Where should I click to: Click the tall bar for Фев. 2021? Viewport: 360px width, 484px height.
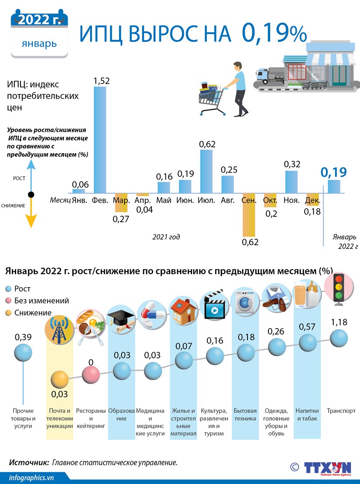(x=100, y=140)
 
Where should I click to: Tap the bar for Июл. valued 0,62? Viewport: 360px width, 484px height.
(x=206, y=171)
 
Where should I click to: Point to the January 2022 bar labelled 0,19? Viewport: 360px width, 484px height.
(x=334, y=186)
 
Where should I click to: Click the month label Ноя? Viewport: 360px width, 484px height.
(x=291, y=200)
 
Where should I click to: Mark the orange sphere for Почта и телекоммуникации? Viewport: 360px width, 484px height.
(x=60, y=381)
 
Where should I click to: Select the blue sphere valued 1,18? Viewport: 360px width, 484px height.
(x=339, y=339)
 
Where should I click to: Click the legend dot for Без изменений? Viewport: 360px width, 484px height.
(x=9, y=301)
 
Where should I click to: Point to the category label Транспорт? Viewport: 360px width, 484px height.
(x=341, y=411)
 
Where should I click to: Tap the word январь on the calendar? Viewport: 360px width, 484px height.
(x=39, y=44)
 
